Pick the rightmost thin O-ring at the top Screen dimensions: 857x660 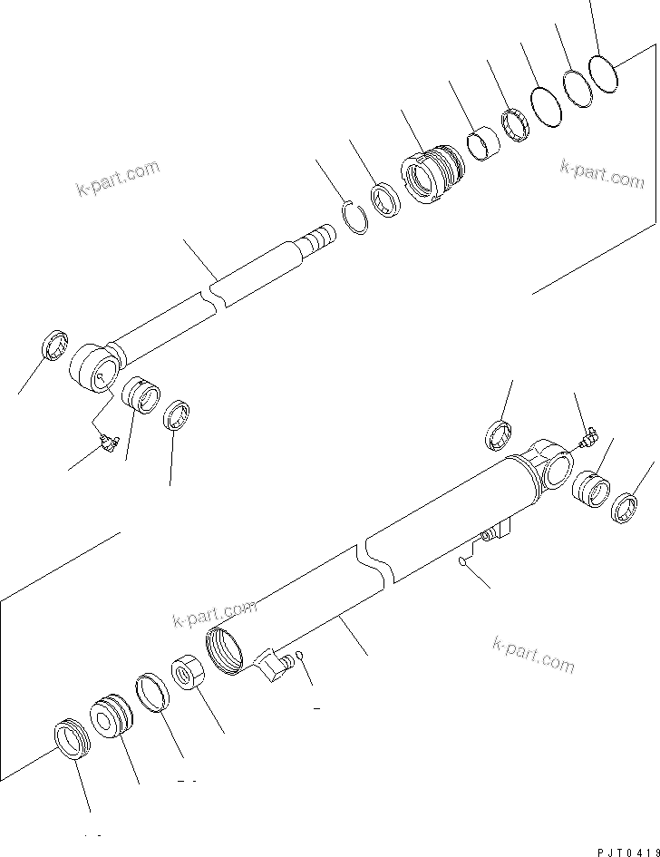(602, 72)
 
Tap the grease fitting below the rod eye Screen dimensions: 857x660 (109, 442)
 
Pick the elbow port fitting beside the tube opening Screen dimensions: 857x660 (275, 666)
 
